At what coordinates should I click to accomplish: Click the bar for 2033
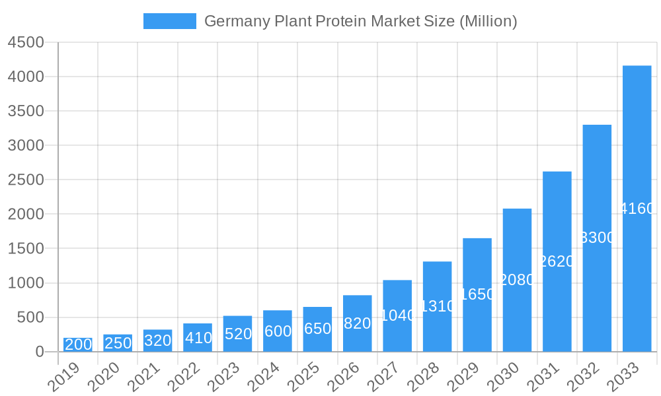(x=637, y=209)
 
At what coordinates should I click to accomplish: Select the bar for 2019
(x=78, y=345)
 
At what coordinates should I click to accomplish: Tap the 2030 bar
(x=517, y=280)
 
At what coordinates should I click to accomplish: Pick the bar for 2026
(x=357, y=323)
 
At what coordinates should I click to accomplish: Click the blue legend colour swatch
(x=170, y=21)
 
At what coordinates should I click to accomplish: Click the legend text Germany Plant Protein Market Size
(x=360, y=21)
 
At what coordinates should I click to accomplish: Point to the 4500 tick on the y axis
(x=26, y=42)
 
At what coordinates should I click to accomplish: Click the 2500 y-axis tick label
(x=26, y=180)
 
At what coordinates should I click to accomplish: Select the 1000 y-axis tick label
(x=26, y=283)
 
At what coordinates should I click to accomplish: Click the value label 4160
(x=637, y=209)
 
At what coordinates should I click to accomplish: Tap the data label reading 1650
(x=477, y=294)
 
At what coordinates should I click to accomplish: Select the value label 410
(x=198, y=338)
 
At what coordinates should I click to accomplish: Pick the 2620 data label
(x=557, y=261)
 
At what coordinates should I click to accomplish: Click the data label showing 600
(x=278, y=331)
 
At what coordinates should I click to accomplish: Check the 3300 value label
(x=597, y=238)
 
